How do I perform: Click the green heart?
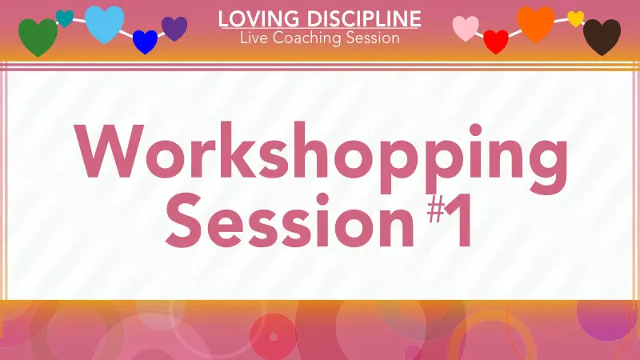pyautogui.click(x=38, y=37)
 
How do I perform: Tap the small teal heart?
pyautogui.click(x=65, y=18)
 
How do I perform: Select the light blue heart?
pyautogui.click(x=104, y=23)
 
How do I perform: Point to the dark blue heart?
pyautogui.click(x=145, y=42)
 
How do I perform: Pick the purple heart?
pyautogui.click(x=174, y=29)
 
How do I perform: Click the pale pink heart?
pyautogui.click(x=466, y=29)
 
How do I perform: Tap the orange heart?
pyautogui.click(x=536, y=23)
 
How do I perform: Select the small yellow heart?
pyautogui.click(x=575, y=18)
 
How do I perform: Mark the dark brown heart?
pyautogui.click(x=602, y=37)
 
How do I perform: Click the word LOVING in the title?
pyautogui.click(x=248, y=18)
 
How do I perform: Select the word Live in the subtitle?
pyautogui.click(x=254, y=38)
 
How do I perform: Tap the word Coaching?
pyautogui.click(x=308, y=38)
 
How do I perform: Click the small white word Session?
pyautogui.click(x=372, y=38)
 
